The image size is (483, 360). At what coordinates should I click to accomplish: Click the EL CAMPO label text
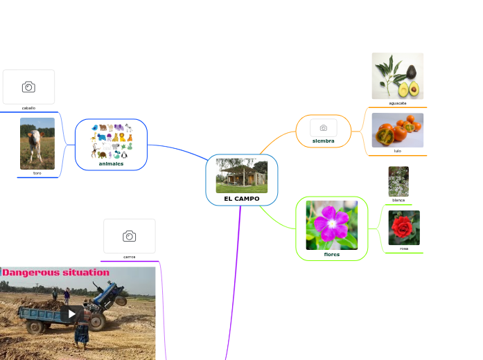241,199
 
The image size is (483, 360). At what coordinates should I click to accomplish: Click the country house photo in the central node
241,176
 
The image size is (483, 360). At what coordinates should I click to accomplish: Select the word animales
111,164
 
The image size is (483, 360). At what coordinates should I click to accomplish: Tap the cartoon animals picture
111,141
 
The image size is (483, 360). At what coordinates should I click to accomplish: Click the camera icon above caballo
28,87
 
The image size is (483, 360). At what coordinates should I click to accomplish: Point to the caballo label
28,108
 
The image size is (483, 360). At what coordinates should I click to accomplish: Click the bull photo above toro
37,143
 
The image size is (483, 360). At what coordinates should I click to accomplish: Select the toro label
37,173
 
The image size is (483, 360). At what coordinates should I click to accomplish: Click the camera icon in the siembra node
323,127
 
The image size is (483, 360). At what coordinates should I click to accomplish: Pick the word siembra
323,141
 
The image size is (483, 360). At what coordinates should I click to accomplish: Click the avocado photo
397,75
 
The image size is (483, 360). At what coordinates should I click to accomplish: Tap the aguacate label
398,103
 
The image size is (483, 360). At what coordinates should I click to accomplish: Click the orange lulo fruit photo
397,130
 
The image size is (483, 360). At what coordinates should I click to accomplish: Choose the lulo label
398,150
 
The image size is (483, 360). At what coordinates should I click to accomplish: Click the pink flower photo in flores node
332,225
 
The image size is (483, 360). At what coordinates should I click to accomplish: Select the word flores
332,254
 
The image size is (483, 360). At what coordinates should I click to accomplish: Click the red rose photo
404,228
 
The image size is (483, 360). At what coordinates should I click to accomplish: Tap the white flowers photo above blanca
398,181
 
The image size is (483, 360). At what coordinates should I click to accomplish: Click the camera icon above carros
129,236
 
